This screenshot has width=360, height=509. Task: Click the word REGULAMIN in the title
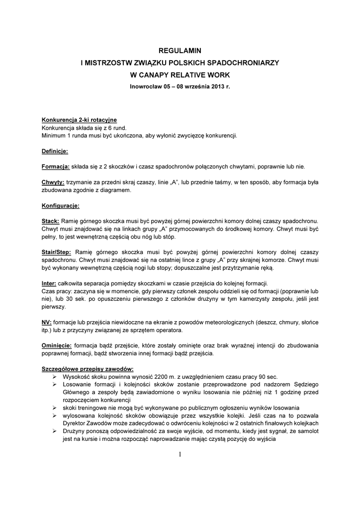180,50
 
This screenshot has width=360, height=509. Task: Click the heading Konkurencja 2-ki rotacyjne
79,120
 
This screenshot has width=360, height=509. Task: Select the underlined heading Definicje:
55,151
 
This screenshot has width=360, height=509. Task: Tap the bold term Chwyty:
53,182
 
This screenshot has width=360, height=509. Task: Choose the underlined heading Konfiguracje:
60,205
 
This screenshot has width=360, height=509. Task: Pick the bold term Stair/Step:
56,253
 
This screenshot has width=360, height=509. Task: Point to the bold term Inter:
49,283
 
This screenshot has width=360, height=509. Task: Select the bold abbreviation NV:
46,322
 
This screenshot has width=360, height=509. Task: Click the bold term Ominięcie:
57,344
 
